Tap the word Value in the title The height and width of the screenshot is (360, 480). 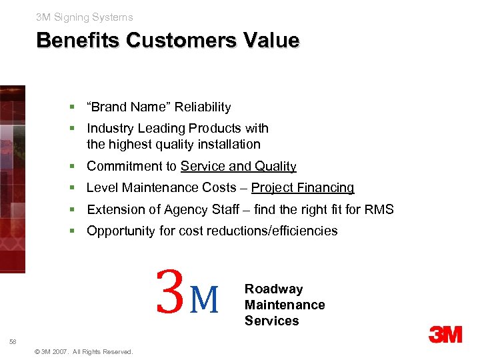click(271, 41)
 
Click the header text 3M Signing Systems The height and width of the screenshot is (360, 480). click(85, 17)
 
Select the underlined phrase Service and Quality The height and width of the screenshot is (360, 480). click(239, 167)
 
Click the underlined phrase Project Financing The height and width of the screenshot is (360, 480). click(303, 188)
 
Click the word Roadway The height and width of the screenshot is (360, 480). click(273, 289)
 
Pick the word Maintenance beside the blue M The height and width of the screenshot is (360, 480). click(285, 305)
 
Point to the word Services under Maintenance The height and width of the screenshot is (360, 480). click(271, 321)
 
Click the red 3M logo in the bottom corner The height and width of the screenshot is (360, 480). click(445, 335)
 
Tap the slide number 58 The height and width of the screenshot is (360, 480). click(13, 342)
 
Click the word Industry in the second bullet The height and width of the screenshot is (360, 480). click(109, 128)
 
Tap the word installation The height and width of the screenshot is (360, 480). click(228, 144)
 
